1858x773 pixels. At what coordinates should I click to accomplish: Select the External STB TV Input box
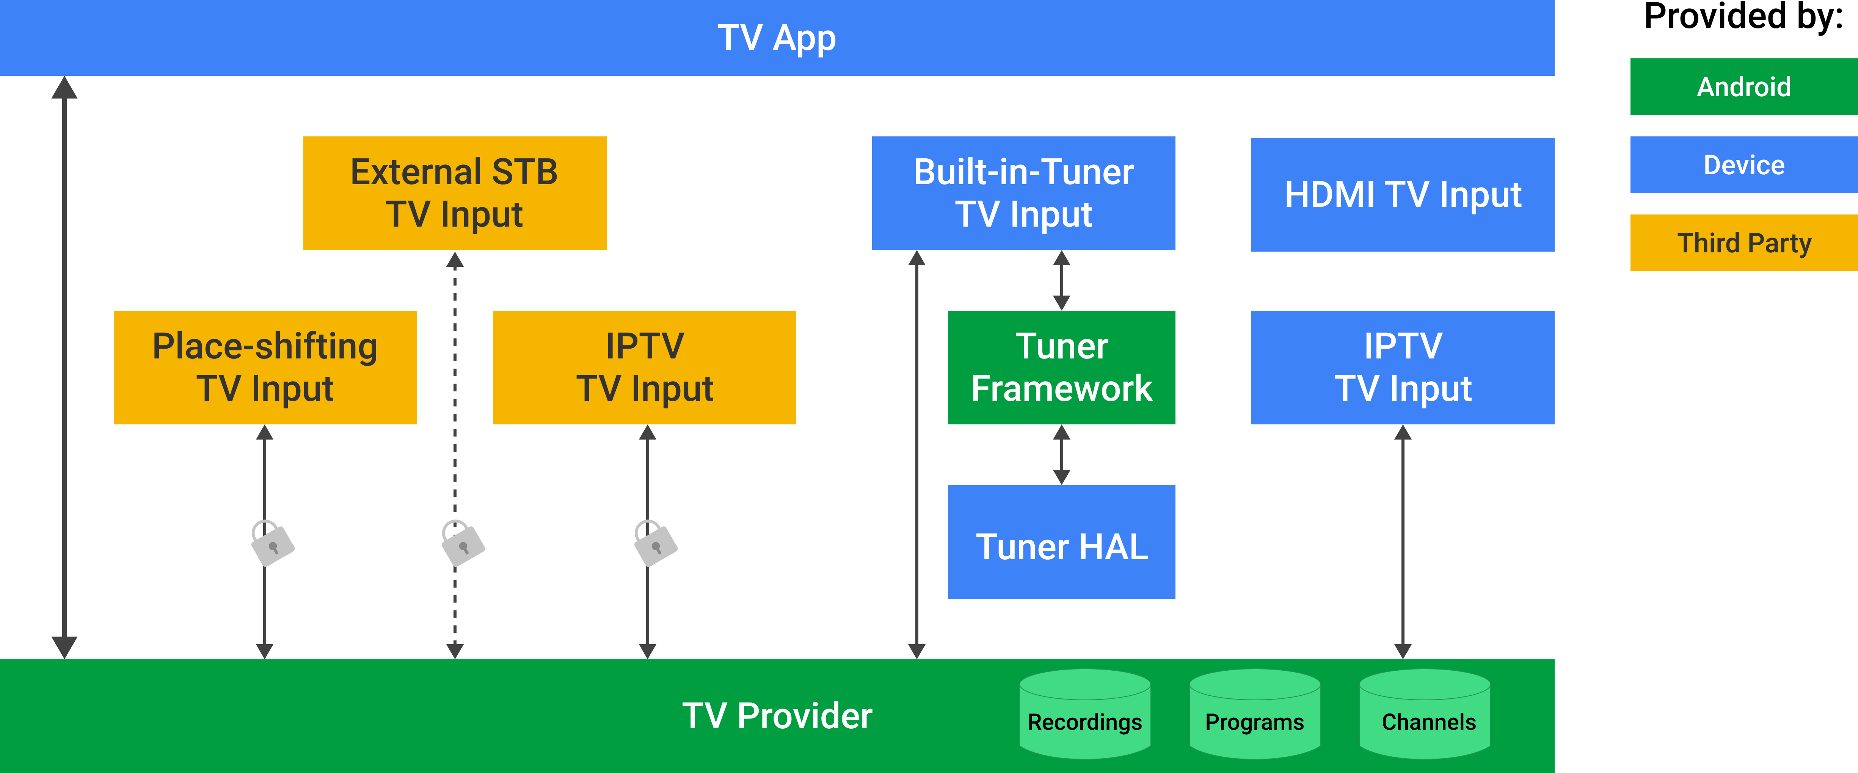pyautogui.click(x=454, y=193)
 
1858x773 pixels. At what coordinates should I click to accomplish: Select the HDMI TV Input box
pyautogui.click(x=1402, y=195)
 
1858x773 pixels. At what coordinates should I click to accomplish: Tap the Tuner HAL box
pyautogui.click(x=1061, y=541)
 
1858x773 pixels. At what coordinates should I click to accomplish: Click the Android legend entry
pyautogui.click(x=1743, y=86)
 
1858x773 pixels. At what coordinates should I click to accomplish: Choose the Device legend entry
pyautogui.click(x=1743, y=165)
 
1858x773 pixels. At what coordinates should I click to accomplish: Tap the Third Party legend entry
pyautogui.click(x=1743, y=243)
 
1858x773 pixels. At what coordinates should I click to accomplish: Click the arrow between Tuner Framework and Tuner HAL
pyautogui.click(x=1061, y=454)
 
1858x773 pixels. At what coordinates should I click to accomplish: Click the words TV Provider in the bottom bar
pyautogui.click(x=777, y=716)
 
